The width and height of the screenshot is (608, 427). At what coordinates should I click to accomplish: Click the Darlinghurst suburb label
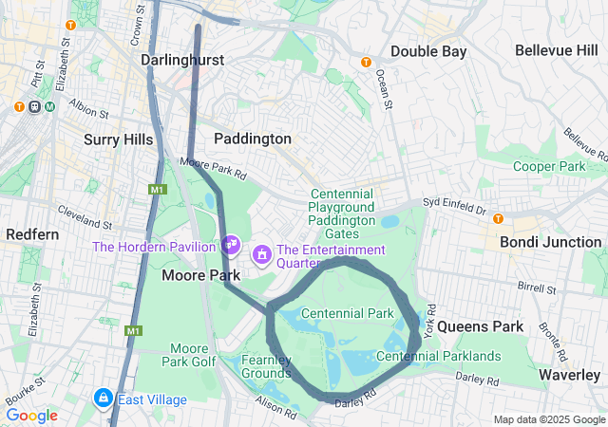[182, 60]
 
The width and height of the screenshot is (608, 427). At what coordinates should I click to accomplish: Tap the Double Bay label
[428, 51]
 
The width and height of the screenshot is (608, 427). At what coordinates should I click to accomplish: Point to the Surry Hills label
[118, 139]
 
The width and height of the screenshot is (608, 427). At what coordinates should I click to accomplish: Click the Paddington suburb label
[253, 139]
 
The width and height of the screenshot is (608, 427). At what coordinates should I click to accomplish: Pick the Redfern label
[32, 233]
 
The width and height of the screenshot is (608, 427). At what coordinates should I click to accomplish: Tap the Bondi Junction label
[551, 242]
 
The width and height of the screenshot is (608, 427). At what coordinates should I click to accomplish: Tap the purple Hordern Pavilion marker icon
[231, 245]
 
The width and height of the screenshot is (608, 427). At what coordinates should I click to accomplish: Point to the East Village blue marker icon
[103, 399]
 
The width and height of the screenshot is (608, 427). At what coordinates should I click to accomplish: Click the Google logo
[31, 416]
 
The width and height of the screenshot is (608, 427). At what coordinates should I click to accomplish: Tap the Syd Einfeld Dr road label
[454, 207]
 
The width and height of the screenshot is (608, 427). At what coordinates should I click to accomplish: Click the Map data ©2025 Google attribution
[548, 419]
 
